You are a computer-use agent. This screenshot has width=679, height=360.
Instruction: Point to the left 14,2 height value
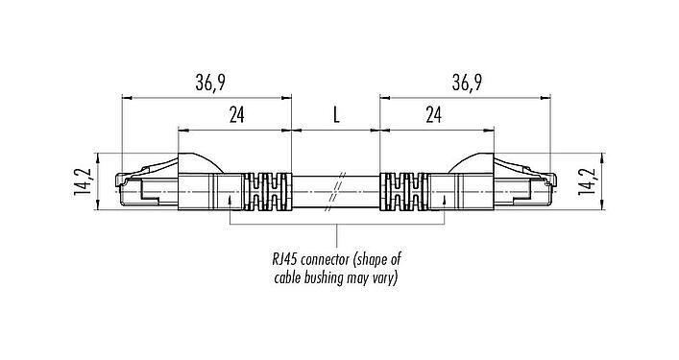click(x=84, y=180)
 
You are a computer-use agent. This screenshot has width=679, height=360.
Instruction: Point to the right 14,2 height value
click(x=589, y=180)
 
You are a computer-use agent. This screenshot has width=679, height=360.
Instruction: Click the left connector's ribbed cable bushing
click(x=267, y=190)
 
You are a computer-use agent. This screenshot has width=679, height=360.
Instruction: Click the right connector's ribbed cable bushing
click(x=403, y=190)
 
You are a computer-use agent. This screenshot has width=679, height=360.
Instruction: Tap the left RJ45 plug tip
click(x=124, y=188)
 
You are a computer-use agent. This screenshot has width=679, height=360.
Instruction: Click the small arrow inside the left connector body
click(x=230, y=201)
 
